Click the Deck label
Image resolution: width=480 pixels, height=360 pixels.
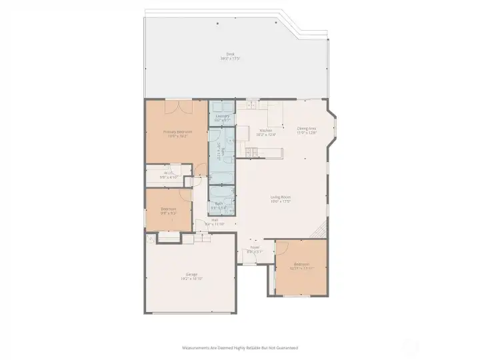point(230,54)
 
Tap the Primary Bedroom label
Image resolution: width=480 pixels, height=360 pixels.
point(178,131)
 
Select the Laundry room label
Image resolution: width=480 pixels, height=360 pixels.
point(223,116)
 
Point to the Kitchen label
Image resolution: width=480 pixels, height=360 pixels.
point(265,130)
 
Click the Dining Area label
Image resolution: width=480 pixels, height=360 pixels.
point(307,129)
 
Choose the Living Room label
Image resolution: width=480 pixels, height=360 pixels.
point(281,197)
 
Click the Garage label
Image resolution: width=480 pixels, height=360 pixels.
point(191,274)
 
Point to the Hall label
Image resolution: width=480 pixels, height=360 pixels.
point(215,219)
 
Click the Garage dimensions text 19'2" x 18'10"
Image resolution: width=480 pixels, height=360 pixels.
point(191,279)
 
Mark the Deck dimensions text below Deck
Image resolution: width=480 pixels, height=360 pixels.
point(230,59)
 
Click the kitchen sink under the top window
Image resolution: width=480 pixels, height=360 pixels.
point(251,105)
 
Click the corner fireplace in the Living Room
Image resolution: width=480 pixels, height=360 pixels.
point(321,231)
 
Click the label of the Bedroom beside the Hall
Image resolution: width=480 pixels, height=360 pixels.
point(168,209)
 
